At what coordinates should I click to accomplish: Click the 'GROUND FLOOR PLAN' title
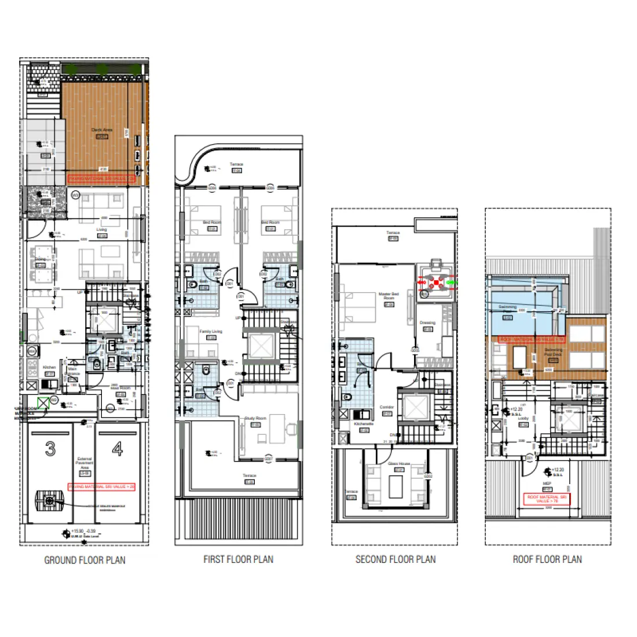[85, 560]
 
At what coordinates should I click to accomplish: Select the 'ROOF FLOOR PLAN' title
[547, 559]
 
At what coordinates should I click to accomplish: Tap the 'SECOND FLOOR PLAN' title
[396, 559]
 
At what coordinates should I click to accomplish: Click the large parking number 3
[51, 449]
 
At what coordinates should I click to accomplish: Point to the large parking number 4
[118, 449]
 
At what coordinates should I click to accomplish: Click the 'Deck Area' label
[102, 130]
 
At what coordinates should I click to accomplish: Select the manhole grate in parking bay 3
[49, 500]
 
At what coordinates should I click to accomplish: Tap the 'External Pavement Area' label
[85, 463]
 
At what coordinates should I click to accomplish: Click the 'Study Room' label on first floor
[255, 418]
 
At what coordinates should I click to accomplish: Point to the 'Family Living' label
[211, 331]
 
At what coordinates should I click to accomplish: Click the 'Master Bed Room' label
[389, 296]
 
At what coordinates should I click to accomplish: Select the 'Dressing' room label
[427, 323]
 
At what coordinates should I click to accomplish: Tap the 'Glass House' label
[398, 464]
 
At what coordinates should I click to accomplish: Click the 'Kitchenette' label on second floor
[364, 424]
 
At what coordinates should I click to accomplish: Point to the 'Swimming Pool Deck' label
[553, 352]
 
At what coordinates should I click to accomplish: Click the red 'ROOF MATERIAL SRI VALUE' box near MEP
[547, 499]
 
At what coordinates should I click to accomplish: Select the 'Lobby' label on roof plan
[523, 418]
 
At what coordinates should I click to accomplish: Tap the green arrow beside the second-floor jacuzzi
[452, 283]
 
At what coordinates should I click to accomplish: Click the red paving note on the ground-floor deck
[101, 179]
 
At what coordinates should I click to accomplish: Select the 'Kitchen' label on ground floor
[50, 367]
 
